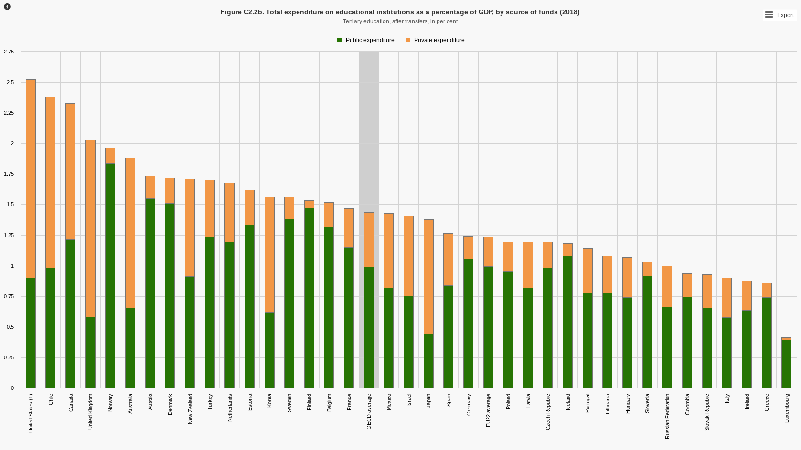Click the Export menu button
pyautogui.click(x=780, y=15)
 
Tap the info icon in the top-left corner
pyautogui.click(x=7, y=7)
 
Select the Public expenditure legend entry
pyautogui.click(x=366, y=40)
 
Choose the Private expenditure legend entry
pyautogui.click(x=435, y=40)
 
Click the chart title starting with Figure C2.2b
pyautogui.click(x=400, y=12)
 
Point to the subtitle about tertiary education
pyautogui.click(x=400, y=21)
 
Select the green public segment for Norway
pyautogui.click(x=110, y=275)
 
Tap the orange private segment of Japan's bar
pyautogui.click(x=428, y=276)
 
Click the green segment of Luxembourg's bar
pyautogui.click(x=786, y=364)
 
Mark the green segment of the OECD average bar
pyautogui.click(x=369, y=327)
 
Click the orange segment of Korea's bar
pyautogui.click(x=269, y=254)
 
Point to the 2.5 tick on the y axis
pyautogui.click(x=11, y=82)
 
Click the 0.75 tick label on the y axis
pyautogui.click(x=9, y=296)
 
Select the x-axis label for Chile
pyautogui.click(x=51, y=399)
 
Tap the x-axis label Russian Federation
pyautogui.click(x=667, y=416)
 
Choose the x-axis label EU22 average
pyautogui.click(x=488, y=410)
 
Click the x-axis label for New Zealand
pyautogui.click(x=190, y=409)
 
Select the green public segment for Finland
pyautogui.click(x=309, y=298)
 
